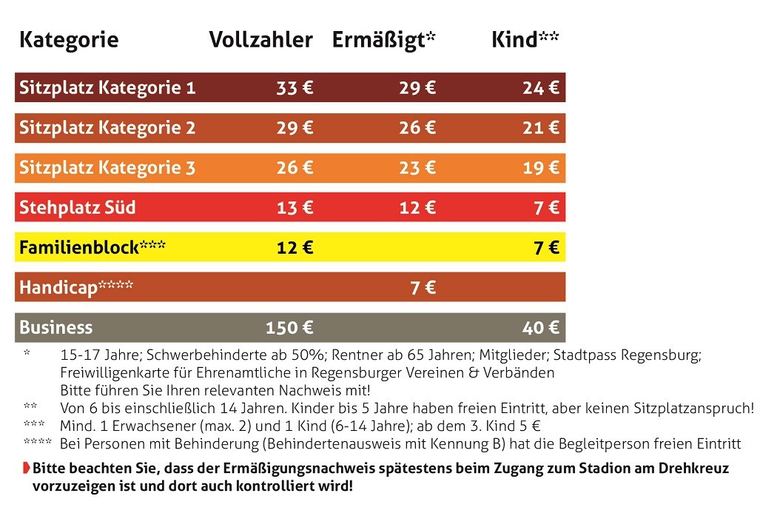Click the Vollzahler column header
coord(260,40)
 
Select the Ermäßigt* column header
coord(383,40)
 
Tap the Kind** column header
coord(525,40)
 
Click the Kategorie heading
coord(69,40)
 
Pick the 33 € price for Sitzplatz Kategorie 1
coord(295,88)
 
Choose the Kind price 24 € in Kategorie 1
coord(540,88)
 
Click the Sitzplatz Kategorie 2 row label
coord(107,128)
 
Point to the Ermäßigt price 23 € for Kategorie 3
coord(417,168)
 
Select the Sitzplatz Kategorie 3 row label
coord(107,168)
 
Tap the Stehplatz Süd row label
coord(78,207)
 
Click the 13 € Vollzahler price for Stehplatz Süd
coord(295,207)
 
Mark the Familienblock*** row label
coord(92,247)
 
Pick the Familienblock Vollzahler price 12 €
coord(295,247)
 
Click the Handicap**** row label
coord(76,287)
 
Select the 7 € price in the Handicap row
coord(423,287)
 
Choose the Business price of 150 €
coord(289,327)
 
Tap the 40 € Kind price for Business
coord(540,327)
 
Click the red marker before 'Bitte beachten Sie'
coord(26,468)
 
